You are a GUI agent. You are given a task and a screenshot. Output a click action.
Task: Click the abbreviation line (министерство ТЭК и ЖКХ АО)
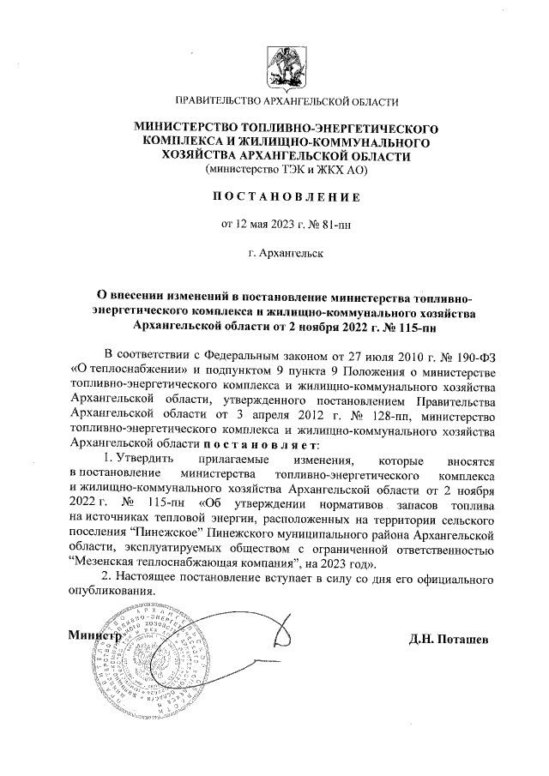pos(274,170)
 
